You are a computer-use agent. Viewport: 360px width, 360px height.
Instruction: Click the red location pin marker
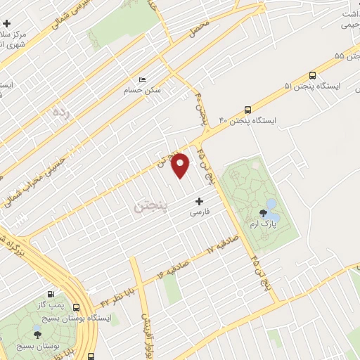click(181, 165)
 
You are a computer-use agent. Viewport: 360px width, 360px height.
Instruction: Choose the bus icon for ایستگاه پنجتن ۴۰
click(247, 109)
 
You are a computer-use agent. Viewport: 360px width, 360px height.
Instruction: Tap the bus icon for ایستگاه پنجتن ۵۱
click(311, 75)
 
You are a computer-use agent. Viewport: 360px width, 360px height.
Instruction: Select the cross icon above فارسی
click(199, 201)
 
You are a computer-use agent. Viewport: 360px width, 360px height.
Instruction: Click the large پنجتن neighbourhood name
click(150, 207)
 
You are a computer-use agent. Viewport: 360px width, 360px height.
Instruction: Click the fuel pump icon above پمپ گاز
click(50, 295)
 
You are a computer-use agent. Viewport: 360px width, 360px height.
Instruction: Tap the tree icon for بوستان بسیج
click(37, 332)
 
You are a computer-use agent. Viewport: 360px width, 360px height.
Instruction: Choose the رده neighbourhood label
click(63, 111)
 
